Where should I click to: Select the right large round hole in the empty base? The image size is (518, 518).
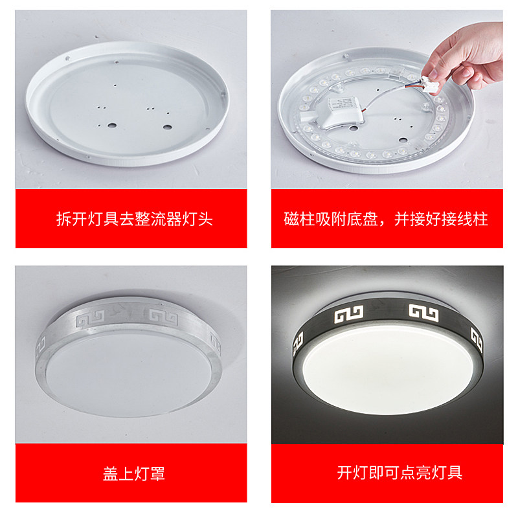click(167, 124)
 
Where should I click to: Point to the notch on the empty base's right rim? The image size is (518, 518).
click(225, 98)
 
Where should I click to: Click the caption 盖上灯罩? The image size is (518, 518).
click(134, 473)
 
